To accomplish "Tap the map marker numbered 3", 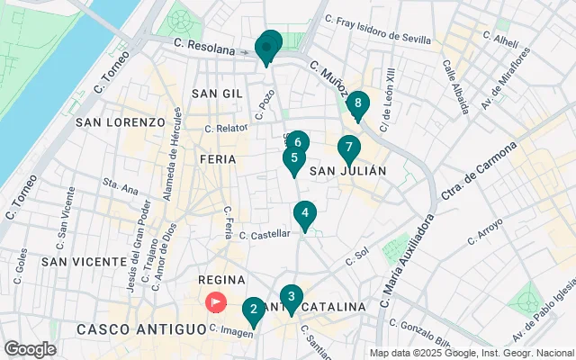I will pos(291,297).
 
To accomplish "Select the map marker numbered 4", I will pos(306,214).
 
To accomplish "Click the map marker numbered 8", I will pos(358,105).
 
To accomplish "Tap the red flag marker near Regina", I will pos(216,302).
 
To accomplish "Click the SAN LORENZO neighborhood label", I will pos(121,121).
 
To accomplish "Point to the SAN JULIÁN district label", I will pos(348,170).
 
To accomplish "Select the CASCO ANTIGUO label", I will pos(129,329).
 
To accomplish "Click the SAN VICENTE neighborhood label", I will pos(84,261).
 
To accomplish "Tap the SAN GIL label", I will pos(218,94).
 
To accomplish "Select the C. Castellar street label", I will pos(265,233).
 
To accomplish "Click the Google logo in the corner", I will pos(30,348).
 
